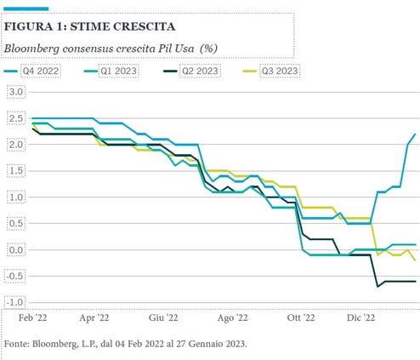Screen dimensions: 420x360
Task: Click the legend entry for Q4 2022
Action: (31, 71)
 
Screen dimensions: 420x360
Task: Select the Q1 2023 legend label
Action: (111, 71)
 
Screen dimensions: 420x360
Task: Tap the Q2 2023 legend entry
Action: (192, 71)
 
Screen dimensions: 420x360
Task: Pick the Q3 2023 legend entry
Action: (271, 71)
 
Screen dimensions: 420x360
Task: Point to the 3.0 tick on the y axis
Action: (16, 92)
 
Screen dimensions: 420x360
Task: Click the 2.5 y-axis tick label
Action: (16, 118)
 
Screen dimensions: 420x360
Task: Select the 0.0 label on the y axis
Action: (16, 250)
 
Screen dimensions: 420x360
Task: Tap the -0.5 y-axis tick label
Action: (14, 276)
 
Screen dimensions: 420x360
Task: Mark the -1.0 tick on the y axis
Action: (14, 302)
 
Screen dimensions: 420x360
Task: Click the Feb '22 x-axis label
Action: (33, 317)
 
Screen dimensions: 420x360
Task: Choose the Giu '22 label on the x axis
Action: (163, 317)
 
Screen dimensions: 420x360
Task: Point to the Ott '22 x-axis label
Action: (301, 317)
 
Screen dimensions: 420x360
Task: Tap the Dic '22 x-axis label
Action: (360, 317)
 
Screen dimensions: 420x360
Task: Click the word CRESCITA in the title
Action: (145, 26)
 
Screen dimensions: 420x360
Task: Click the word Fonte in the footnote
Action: (16, 344)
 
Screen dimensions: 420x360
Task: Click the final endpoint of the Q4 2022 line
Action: (415, 134)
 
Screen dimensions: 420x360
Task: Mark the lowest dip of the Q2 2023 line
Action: (377, 286)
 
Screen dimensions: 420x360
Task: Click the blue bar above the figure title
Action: (26, 9)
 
